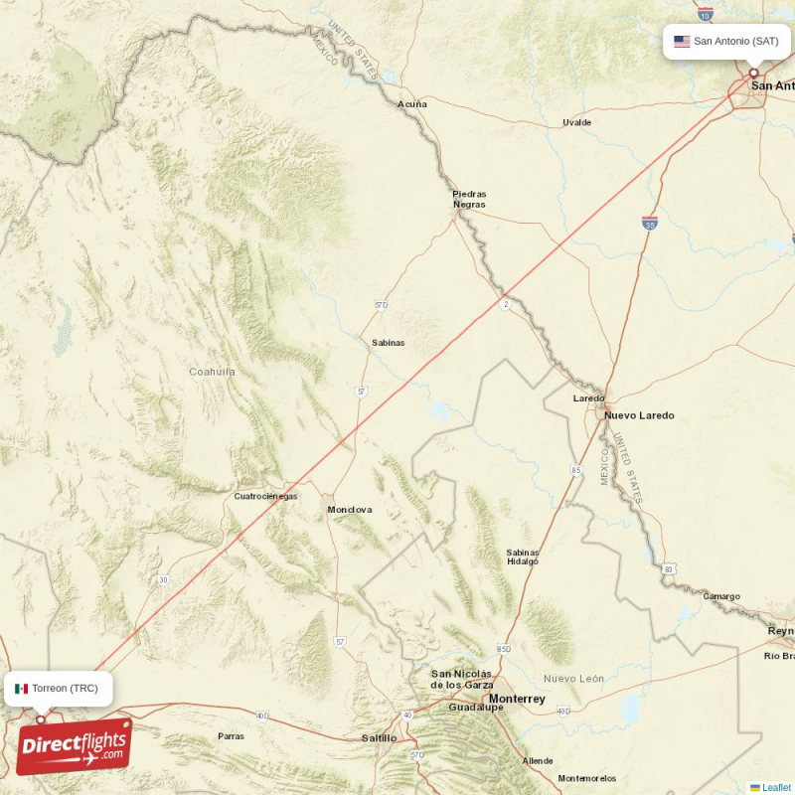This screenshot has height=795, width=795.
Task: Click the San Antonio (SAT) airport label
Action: point(735,41)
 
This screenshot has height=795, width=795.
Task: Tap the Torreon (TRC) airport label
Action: point(65,688)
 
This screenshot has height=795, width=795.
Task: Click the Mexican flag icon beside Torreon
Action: point(21,688)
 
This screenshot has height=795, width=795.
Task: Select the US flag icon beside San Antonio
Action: point(682,41)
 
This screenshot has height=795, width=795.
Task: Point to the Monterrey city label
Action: point(518,699)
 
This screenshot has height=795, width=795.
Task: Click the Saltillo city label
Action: point(379,738)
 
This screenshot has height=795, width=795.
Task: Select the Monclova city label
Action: point(350,510)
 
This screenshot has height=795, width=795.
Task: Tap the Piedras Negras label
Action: point(469,199)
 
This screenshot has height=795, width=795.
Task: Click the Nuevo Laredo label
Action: point(639,415)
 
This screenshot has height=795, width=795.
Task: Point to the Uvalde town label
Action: point(576,123)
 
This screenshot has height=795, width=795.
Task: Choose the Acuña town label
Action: point(412,103)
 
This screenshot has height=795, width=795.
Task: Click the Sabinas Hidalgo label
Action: point(523,556)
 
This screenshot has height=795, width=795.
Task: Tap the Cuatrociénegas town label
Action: point(265,496)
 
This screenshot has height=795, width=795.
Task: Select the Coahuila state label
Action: point(213,372)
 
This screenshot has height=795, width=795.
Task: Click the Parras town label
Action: point(231,736)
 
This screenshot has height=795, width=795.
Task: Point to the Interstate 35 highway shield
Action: point(649,224)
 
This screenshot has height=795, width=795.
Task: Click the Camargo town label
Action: point(721,596)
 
